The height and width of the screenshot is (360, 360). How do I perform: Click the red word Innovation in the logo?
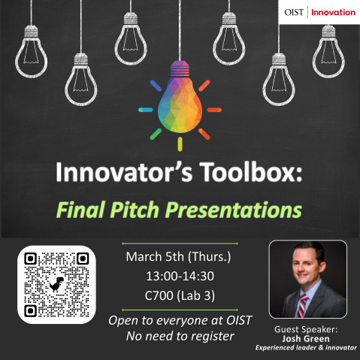(333, 12)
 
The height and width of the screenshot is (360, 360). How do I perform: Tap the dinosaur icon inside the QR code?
(56, 284)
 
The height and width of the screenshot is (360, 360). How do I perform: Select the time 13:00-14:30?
(180, 276)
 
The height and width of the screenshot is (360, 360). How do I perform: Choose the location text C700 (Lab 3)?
(180, 296)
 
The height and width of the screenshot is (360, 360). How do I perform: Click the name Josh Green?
(308, 338)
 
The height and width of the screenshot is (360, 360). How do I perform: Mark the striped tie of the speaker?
(304, 307)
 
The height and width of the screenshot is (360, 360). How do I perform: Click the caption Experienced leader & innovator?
(308, 348)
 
